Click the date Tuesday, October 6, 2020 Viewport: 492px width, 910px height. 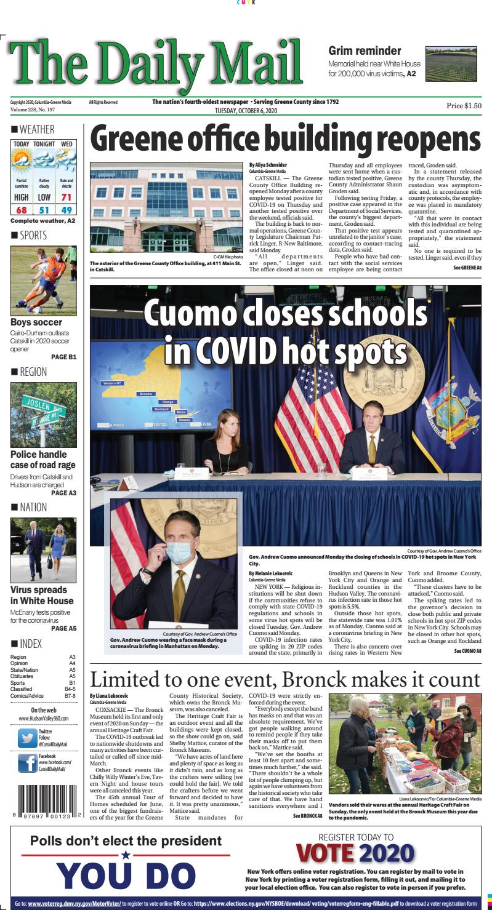click(x=246, y=111)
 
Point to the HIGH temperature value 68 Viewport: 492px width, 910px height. click(x=21, y=210)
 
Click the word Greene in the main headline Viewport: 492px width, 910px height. click(x=142, y=140)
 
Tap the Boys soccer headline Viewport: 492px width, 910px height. click(x=36, y=322)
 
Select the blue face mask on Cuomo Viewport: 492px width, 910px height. click(x=179, y=552)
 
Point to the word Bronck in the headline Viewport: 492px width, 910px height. click(x=337, y=680)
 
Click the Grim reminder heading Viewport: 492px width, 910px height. click(x=365, y=51)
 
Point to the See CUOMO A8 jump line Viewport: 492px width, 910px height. click(x=467, y=650)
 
